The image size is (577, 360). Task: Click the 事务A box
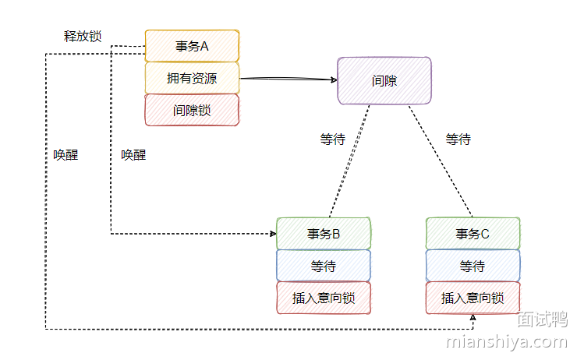coord(192,46)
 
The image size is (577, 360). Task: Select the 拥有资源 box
coord(192,78)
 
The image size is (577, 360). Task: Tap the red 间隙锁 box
coord(192,110)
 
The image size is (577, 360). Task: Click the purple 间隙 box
coord(384,79)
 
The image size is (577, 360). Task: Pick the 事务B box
coord(324,234)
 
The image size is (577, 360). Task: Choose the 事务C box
coord(473,234)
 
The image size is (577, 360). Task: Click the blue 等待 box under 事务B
coord(324,266)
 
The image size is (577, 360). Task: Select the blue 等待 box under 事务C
coord(473,266)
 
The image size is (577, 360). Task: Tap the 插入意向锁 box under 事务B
coord(324,298)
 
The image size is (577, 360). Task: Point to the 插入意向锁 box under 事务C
coord(473,298)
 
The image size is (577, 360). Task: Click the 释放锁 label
coord(83,36)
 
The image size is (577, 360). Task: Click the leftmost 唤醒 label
coord(65,155)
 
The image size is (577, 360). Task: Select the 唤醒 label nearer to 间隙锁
coord(133,155)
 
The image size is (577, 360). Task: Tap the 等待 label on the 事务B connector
coord(332,139)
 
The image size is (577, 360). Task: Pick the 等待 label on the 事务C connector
coord(458,139)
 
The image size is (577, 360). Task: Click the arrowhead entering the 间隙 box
coord(333,79)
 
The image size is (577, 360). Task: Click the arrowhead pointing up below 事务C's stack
coord(473,318)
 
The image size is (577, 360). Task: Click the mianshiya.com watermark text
coord(506,341)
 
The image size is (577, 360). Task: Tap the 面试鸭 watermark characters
coord(542,319)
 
